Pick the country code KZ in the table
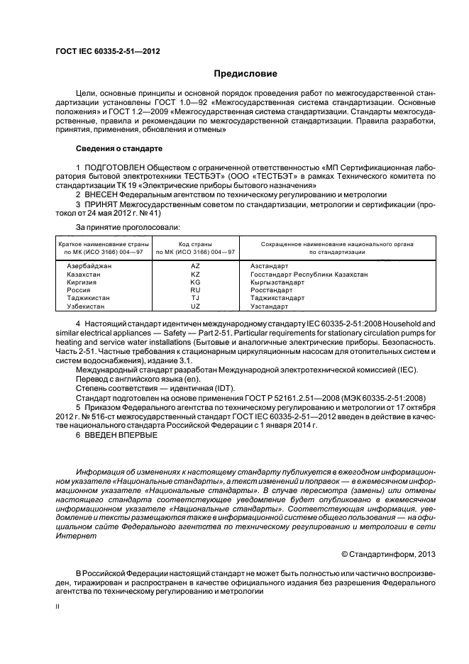pos(196,274)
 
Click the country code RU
pos(196,290)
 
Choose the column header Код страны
pos(196,243)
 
